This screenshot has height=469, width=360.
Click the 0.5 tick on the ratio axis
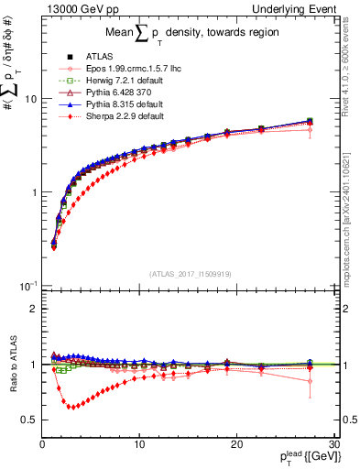tap(29, 420)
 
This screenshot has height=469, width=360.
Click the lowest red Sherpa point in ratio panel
tap(71, 407)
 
